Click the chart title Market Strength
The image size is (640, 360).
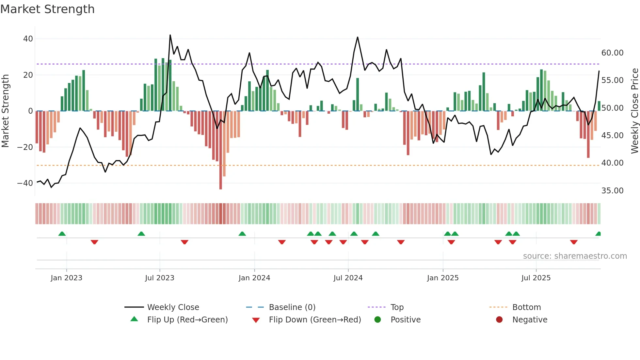pos(47,9)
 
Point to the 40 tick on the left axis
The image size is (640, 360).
pos(28,39)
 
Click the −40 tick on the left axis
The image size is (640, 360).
pos(25,183)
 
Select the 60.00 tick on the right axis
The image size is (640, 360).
pos(612,53)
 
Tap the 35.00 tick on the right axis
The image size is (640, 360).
pos(612,191)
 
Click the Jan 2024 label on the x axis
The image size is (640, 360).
pos(254,278)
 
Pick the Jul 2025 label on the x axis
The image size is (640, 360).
pos(536,278)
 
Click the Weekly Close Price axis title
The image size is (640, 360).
pos(634,111)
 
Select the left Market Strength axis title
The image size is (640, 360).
pos(5,111)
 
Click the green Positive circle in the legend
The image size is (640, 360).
pos(378,320)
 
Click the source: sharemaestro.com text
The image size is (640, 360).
pos(575,256)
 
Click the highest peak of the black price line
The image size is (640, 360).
pos(170,35)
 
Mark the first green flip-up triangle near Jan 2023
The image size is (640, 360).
pos(62,234)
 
